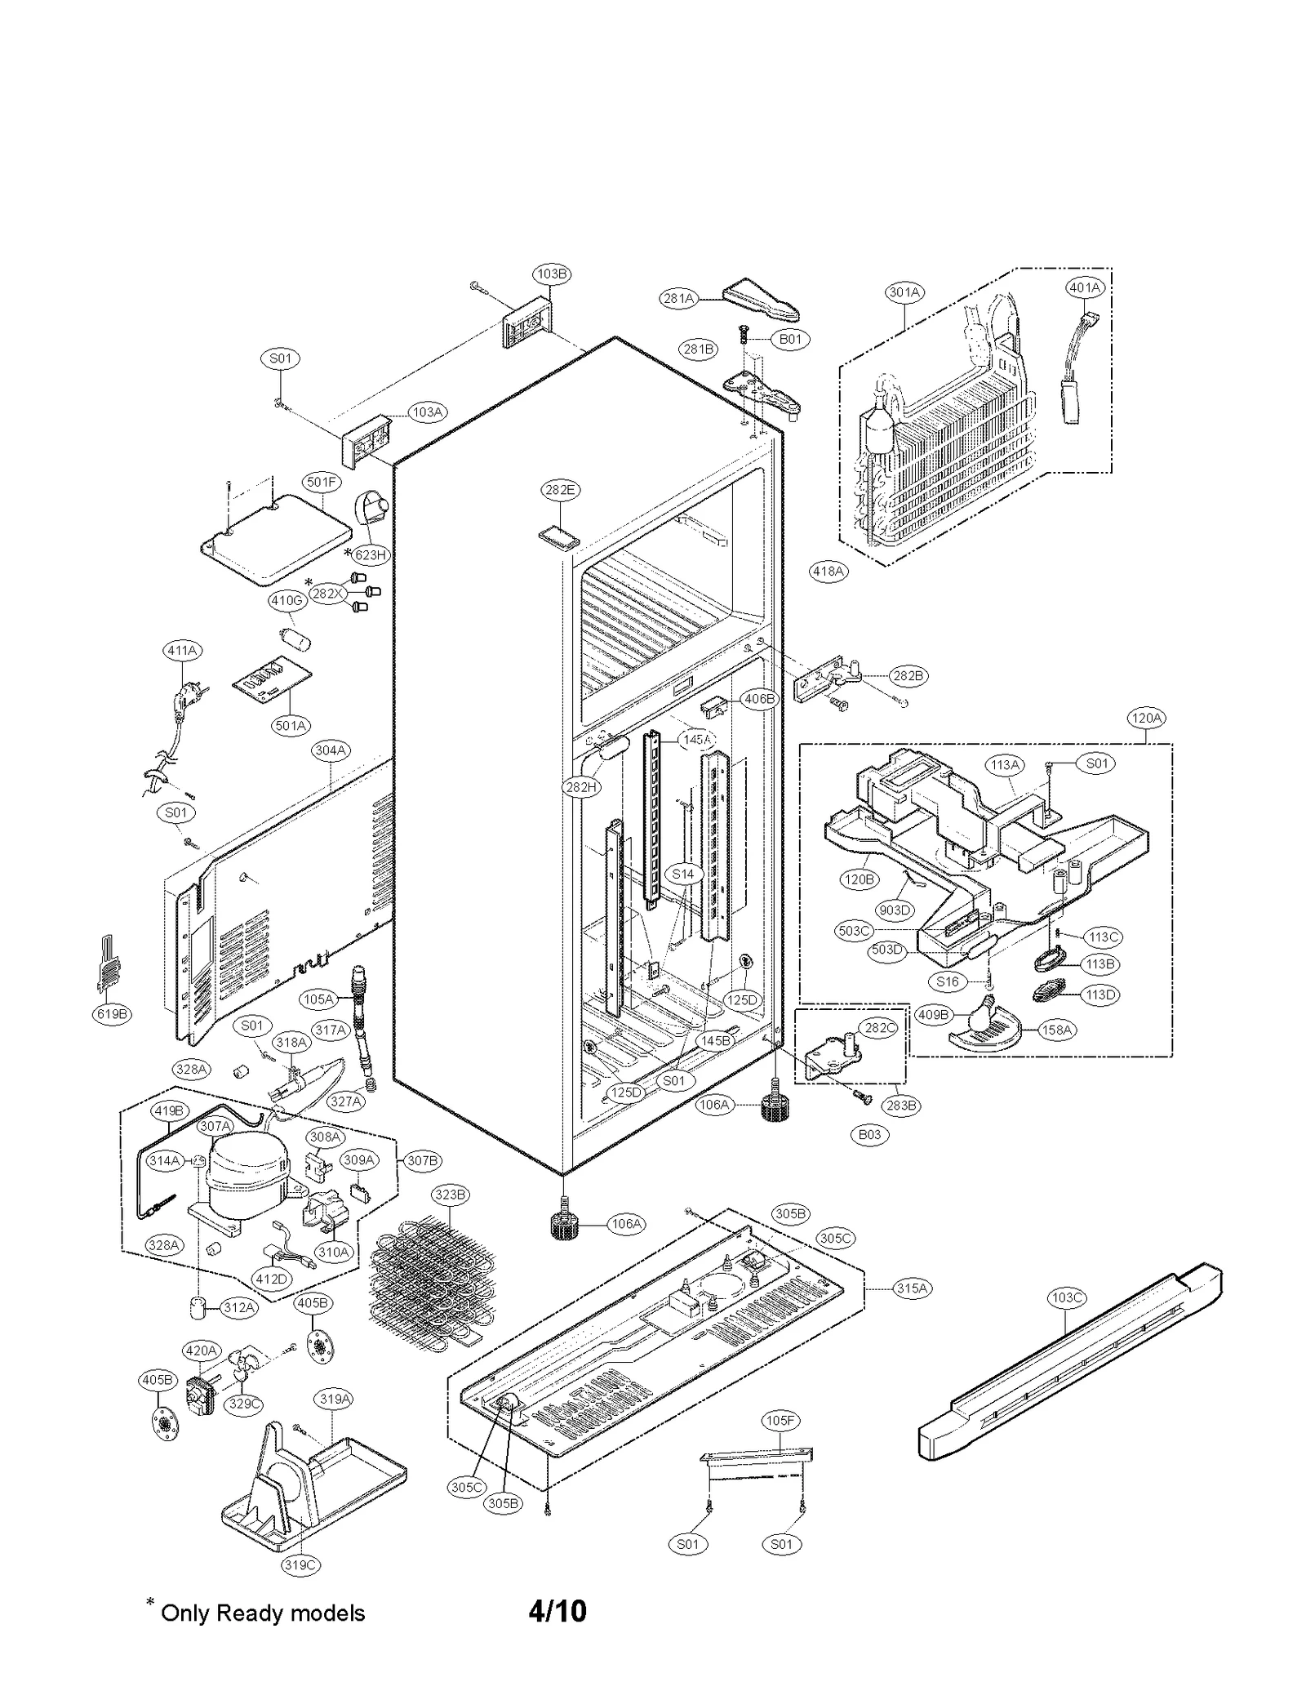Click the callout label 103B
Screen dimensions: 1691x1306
tap(552, 274)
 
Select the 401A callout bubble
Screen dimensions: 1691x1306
tap(1085, 287)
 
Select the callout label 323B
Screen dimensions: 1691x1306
tap(451, 1195)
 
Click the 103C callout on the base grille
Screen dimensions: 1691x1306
tap(1067, 1297)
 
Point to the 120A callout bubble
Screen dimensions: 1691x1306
tap(1145, 718)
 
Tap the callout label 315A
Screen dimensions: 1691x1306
tap(912, 1288)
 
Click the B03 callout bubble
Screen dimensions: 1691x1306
tap(869, 1134)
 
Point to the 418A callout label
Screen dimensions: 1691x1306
tap(828, 571)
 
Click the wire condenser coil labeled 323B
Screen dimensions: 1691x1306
tap(433, 1290)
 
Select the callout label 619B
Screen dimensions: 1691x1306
tap(112, 1014)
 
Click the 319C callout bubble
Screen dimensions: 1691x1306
tap(300, 1564)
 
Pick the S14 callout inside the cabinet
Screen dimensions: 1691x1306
tap(682, 874)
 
